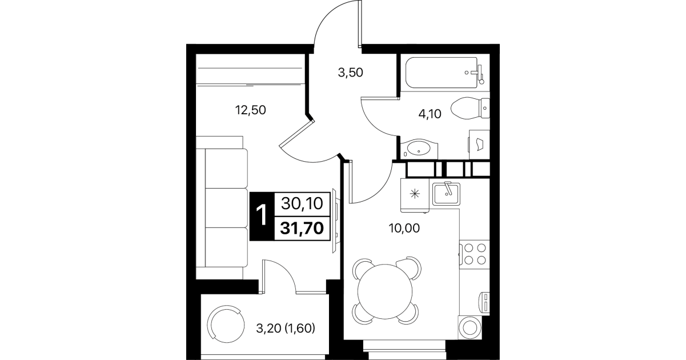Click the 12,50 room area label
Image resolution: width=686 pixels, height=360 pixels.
(x=250, y=110)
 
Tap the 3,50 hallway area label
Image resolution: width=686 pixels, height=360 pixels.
(x=350, y=73)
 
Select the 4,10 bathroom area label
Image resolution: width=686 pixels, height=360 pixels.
(x=430, y=114)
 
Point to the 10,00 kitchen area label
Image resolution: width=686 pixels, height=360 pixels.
(x=404, y=228)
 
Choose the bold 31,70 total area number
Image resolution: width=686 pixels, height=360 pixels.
(x=302, y=228)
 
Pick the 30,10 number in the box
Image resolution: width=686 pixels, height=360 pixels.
(x=302, y=203)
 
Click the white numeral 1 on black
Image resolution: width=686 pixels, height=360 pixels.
(x=262, y=215)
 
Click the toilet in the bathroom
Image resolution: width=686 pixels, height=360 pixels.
(x=470, y=108)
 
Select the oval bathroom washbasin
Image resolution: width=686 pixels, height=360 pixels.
(x=419, y=149)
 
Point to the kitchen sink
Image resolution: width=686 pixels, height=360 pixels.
(x=446, y=194)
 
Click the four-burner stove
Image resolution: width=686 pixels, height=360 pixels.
(x=475, y=254)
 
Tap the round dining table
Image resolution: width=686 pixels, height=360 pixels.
(x=385, y=291)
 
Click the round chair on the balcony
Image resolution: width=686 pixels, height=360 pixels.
(x=226, y=325)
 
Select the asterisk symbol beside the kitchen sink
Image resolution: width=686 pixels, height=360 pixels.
(x=415, y=194)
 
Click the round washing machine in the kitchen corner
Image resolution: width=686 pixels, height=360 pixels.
(x=470, y=327)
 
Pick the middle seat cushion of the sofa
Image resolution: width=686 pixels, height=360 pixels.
(x=226, y=208)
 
